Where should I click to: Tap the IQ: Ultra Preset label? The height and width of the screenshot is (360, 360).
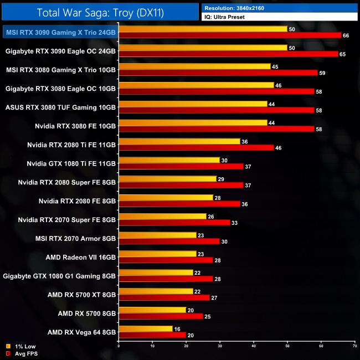pyautogui.click(x=225, y=17)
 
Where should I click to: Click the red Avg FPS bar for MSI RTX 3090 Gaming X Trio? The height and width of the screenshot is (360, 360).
pyautogui.click(x=230, y=35)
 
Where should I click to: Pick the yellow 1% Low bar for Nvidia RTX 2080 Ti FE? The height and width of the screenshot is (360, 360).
pyautogui.click(x=179, y=141)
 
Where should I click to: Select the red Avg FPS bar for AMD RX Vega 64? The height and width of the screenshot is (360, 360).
pyautogui.click(x=152, y=336)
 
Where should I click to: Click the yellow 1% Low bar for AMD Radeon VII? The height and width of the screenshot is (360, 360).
pyautogui.click(x=157, y=254)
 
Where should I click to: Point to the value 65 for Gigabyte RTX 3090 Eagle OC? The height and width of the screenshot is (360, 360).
pyautogui.click(x=342, y=54)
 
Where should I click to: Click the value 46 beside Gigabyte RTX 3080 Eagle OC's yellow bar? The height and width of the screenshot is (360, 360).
pyautogui.click(x=278, y=85)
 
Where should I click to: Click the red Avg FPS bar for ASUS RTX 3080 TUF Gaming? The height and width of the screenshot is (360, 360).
pyautogui.click(x=217, y=111)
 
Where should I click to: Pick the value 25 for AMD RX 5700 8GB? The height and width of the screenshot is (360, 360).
pyautogui.click(x=207, y=317)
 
